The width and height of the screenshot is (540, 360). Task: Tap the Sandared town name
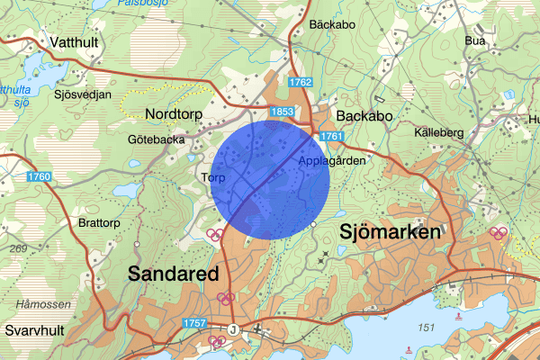coord(174,273)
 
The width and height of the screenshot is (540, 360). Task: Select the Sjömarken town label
coord(391,232)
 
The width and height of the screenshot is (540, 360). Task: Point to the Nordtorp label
coord(175,114)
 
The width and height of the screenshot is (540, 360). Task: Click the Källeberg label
coord(439,132)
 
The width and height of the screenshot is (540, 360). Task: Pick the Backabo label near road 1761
coord(360,116)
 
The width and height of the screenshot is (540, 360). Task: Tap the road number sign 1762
coord(301,83)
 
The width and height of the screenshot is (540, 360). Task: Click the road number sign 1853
coord(281,111)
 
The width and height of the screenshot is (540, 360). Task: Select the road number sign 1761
coord(332,136)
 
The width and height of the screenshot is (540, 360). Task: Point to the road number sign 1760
coord(39,176)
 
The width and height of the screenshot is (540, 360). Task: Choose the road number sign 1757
coord(194,322)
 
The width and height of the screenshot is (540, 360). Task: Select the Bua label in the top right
coord(475,40)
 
